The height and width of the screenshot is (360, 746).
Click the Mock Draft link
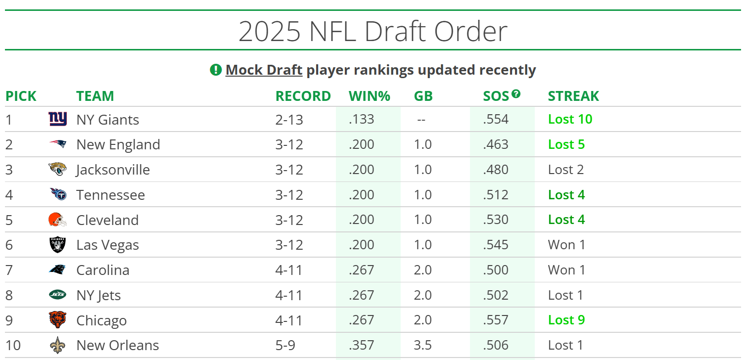[x=264, y=70]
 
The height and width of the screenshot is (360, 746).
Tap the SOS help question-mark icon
[x=516, y=93]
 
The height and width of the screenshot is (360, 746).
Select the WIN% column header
[x=369, y=96]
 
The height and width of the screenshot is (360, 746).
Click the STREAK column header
[x=573, y=96]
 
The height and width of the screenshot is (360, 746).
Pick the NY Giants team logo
[x=58, y=119]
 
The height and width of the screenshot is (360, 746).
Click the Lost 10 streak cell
[x=570, y=119]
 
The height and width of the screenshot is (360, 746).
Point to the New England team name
[x=118, y=144]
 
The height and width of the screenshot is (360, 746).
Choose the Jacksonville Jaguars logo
[x=58, y=170]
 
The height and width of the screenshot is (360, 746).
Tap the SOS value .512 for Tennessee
[x=496, y=195]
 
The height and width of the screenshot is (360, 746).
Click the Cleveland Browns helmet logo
[x=58, y=220]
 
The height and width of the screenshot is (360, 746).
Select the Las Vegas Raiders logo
[x=58, y=245]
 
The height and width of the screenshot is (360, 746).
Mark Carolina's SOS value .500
[x=496, y=270]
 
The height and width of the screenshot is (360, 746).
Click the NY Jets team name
[x=98, y=295]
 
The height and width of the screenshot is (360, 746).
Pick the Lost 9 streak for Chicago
[x=566, y=320]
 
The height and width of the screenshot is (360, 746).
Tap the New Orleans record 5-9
[x=285, y=345]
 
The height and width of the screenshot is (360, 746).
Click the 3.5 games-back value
[x=423, y=345]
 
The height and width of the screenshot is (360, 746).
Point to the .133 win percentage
[x=362, y=119]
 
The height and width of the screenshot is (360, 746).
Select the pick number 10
[x=13, y=345]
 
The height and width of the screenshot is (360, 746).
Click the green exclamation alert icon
[x=216, y=70]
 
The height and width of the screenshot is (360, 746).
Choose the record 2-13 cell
[x=289, y=119]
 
